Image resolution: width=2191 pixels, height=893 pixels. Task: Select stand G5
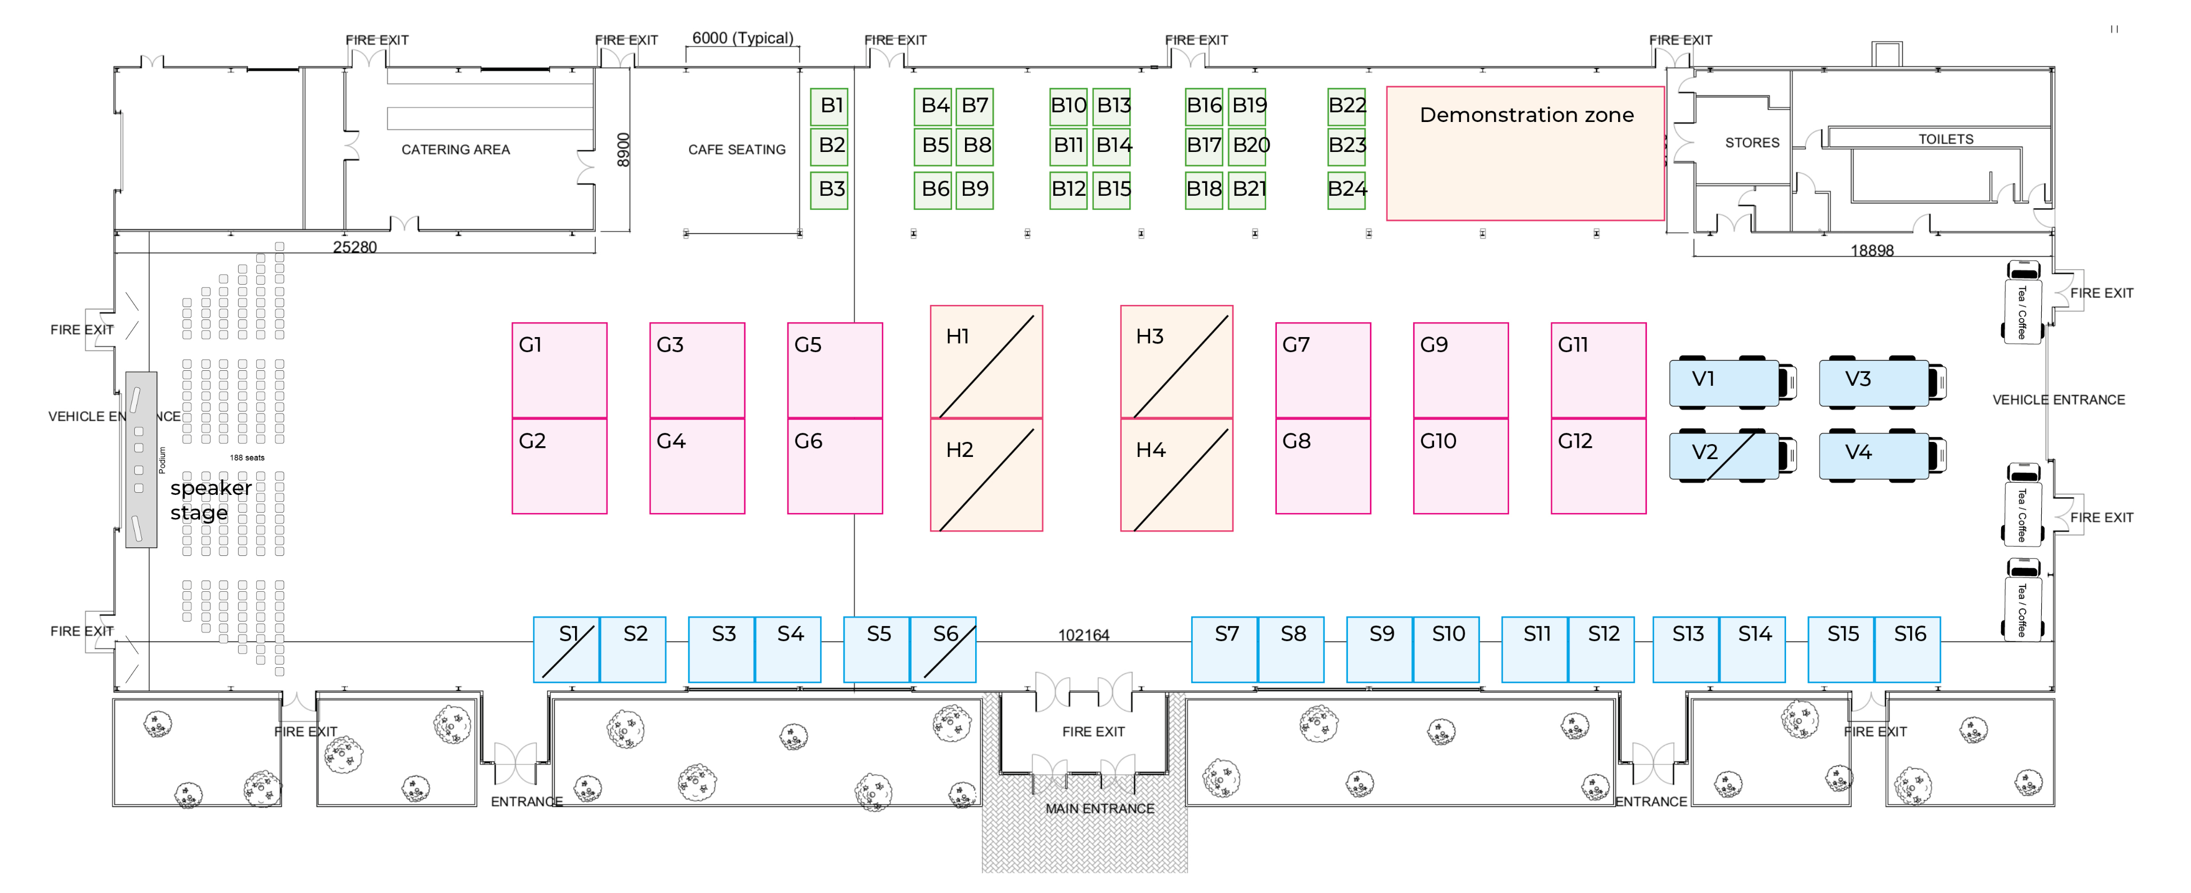(x=834, y=370)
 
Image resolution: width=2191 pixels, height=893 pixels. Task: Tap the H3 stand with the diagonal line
(x=1176, y=362)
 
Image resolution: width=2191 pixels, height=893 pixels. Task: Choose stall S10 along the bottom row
(x=1446, y=649)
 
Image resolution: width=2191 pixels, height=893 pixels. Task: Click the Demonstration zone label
(x=1527, y=115)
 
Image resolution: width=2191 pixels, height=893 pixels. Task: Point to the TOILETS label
(x=1945, y=139)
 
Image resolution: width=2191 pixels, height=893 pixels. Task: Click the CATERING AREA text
(x=456, y=150)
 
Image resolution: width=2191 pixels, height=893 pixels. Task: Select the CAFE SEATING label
(x=737, y=150)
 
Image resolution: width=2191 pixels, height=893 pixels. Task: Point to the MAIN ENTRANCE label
(x=1100, y=809)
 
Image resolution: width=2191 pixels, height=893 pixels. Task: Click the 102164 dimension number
(x=1084, y=635)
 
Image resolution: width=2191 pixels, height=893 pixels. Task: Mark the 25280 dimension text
(x=355, y=248)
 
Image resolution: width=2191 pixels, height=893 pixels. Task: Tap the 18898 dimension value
(x=1872, y=251)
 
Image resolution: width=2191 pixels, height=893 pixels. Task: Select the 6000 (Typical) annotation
(x=742, y=39)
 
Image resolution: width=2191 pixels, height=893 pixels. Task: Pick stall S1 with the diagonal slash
(x=566, y=649)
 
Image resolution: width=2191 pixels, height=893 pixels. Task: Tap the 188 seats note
(x=247, y=457)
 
